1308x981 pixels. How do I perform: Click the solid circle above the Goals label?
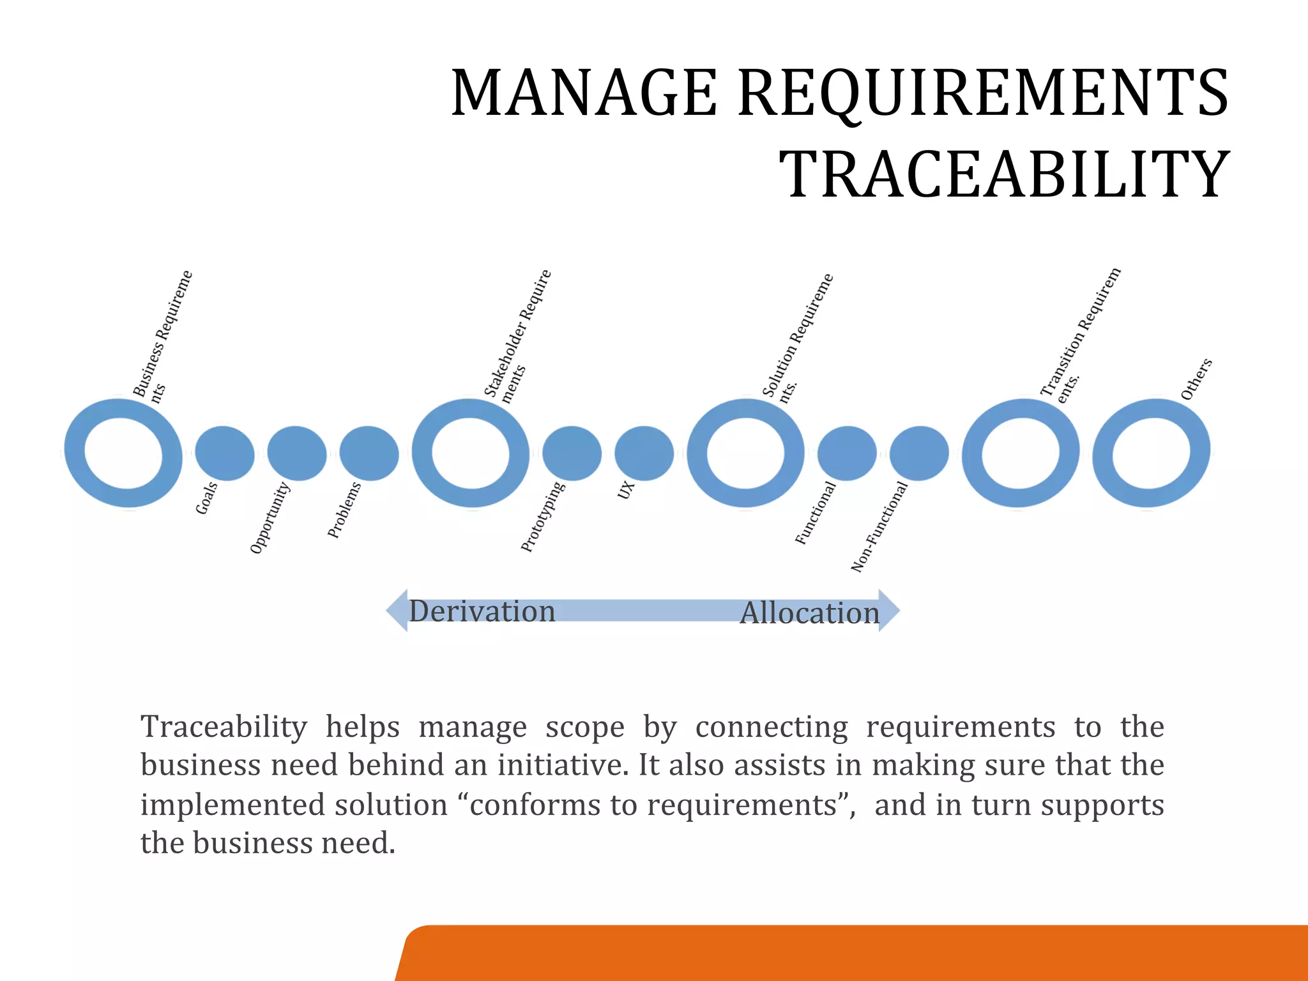click(224, 453)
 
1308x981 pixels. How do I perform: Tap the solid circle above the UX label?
click(644, 453)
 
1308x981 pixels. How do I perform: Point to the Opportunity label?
click(270, 519)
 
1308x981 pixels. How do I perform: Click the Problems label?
click(344, 511)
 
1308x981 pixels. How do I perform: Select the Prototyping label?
click(542, 517)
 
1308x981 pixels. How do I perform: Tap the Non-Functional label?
click(879, 528)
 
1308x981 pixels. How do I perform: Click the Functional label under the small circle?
click(815, 513)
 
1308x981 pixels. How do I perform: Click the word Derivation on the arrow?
click(482, 611)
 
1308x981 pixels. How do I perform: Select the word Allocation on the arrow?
click(809, 613)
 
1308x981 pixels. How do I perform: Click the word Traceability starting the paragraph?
click(224, 727)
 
